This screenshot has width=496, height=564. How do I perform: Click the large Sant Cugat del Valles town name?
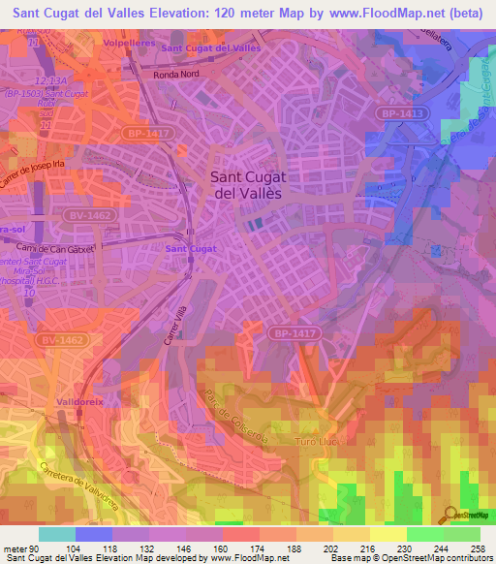click(246, 184)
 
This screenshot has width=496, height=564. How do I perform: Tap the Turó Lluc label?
click(396, 412)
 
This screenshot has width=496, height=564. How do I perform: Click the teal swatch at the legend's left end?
click(57, 534)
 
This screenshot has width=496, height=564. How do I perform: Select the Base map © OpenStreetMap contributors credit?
click(410, 559)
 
